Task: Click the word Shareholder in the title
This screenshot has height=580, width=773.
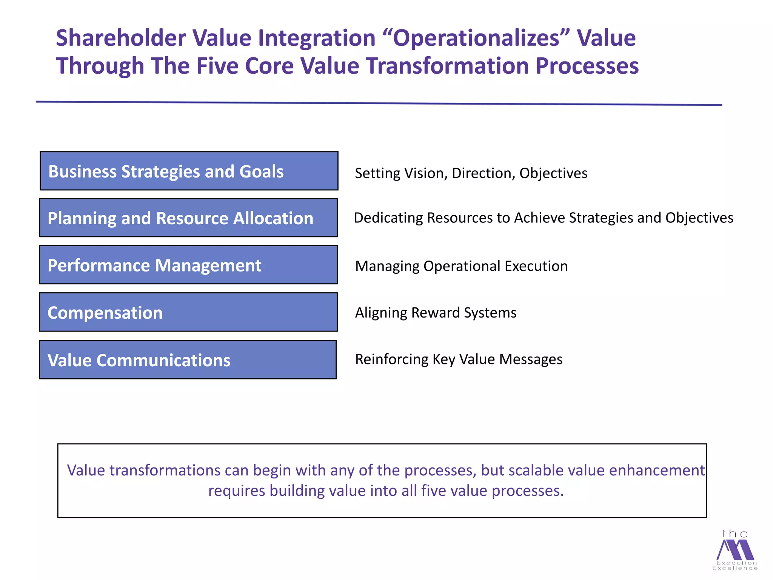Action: click(121, 38)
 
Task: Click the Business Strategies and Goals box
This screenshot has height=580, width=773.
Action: click(189, 171)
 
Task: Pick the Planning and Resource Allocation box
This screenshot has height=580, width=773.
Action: click(188, 218)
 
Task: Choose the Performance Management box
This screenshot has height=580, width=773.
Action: click(188, 265)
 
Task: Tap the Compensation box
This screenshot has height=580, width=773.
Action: click(188, 312)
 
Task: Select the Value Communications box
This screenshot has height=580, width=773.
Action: click(188, 359)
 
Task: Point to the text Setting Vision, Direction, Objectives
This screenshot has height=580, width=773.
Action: click(471, 173)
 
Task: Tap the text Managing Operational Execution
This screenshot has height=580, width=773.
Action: click(461, 266)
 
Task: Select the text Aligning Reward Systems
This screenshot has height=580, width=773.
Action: click(435, 313)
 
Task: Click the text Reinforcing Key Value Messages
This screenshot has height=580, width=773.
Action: click(458, 359)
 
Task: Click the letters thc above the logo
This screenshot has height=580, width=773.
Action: click(735, 534)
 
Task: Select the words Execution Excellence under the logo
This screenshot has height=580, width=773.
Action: click(735, 565)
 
